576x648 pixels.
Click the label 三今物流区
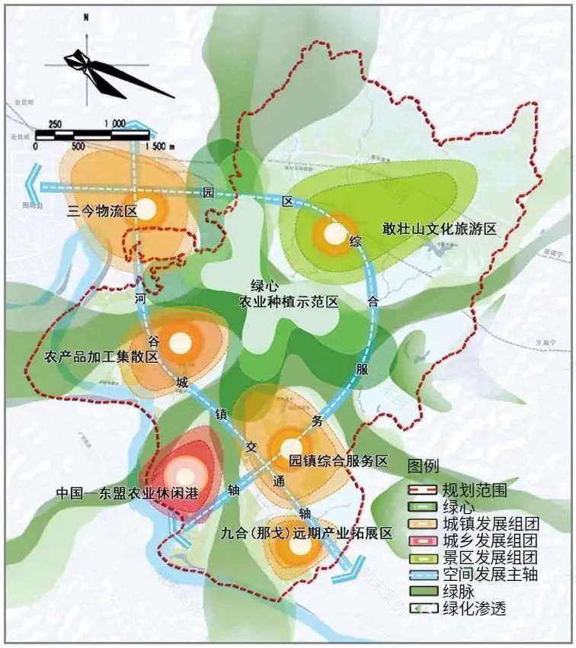click(101, 212)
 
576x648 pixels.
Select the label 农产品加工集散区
click(101, 357)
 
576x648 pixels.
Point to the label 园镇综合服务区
click(339, 461)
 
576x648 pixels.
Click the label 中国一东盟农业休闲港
click(127, 493)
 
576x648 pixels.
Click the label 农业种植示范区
click(288, 303)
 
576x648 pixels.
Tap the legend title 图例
click(423, 467)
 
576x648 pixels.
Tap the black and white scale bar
click(91, 136)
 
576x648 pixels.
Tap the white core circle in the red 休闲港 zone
click(186, 478)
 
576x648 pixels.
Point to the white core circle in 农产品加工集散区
click(179, 344)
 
